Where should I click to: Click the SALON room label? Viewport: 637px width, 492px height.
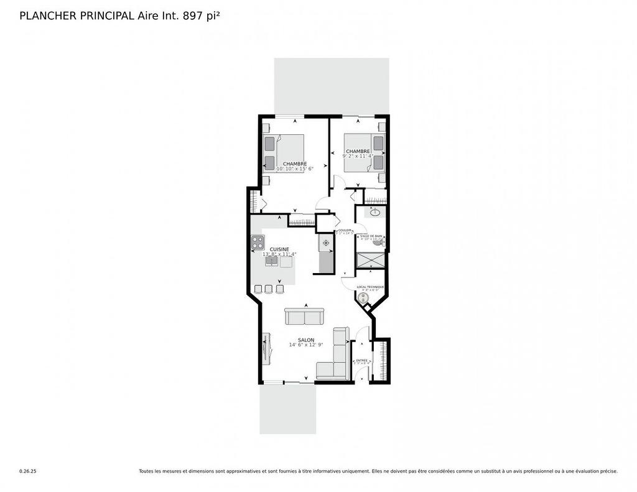tap(305, 340)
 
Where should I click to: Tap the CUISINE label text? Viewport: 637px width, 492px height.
tap(279, 249)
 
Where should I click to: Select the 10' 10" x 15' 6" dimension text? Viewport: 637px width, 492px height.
tap(295, 169)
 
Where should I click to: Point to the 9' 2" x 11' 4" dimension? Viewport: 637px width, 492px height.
tap(358, 157)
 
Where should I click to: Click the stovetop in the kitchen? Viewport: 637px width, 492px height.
tap(258, 243)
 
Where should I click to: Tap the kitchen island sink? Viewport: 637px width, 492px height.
tap(272, 262)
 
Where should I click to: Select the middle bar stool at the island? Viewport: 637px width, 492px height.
tap(269, 289)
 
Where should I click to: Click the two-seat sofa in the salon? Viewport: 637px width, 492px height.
tap(304, 317)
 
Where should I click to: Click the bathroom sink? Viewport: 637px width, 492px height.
tap(375, 213)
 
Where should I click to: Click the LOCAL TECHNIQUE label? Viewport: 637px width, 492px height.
tap(370, 287)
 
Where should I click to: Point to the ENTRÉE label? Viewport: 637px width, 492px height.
tap(361, 360)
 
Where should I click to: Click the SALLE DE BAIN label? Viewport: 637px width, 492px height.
tap(371, 236)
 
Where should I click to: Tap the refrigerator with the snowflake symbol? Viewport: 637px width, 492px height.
tap(325, 243)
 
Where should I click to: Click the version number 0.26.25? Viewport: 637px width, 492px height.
tap(27, 471)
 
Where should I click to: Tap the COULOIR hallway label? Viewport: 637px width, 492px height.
tap(345, 230)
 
